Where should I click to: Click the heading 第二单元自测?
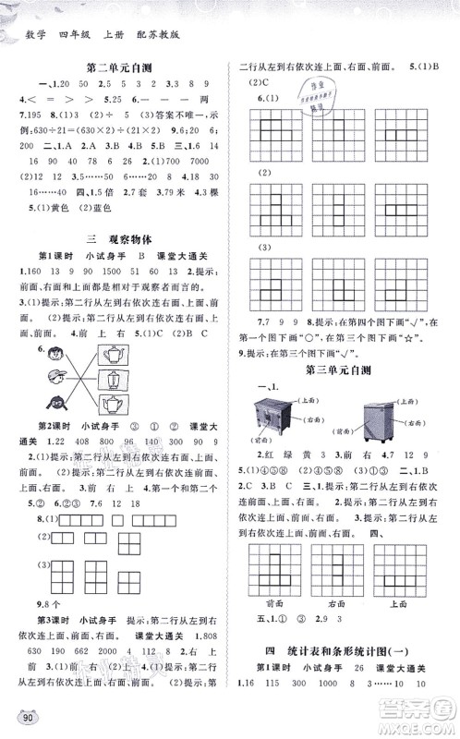(119, 66)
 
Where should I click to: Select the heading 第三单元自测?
(343, 372)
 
